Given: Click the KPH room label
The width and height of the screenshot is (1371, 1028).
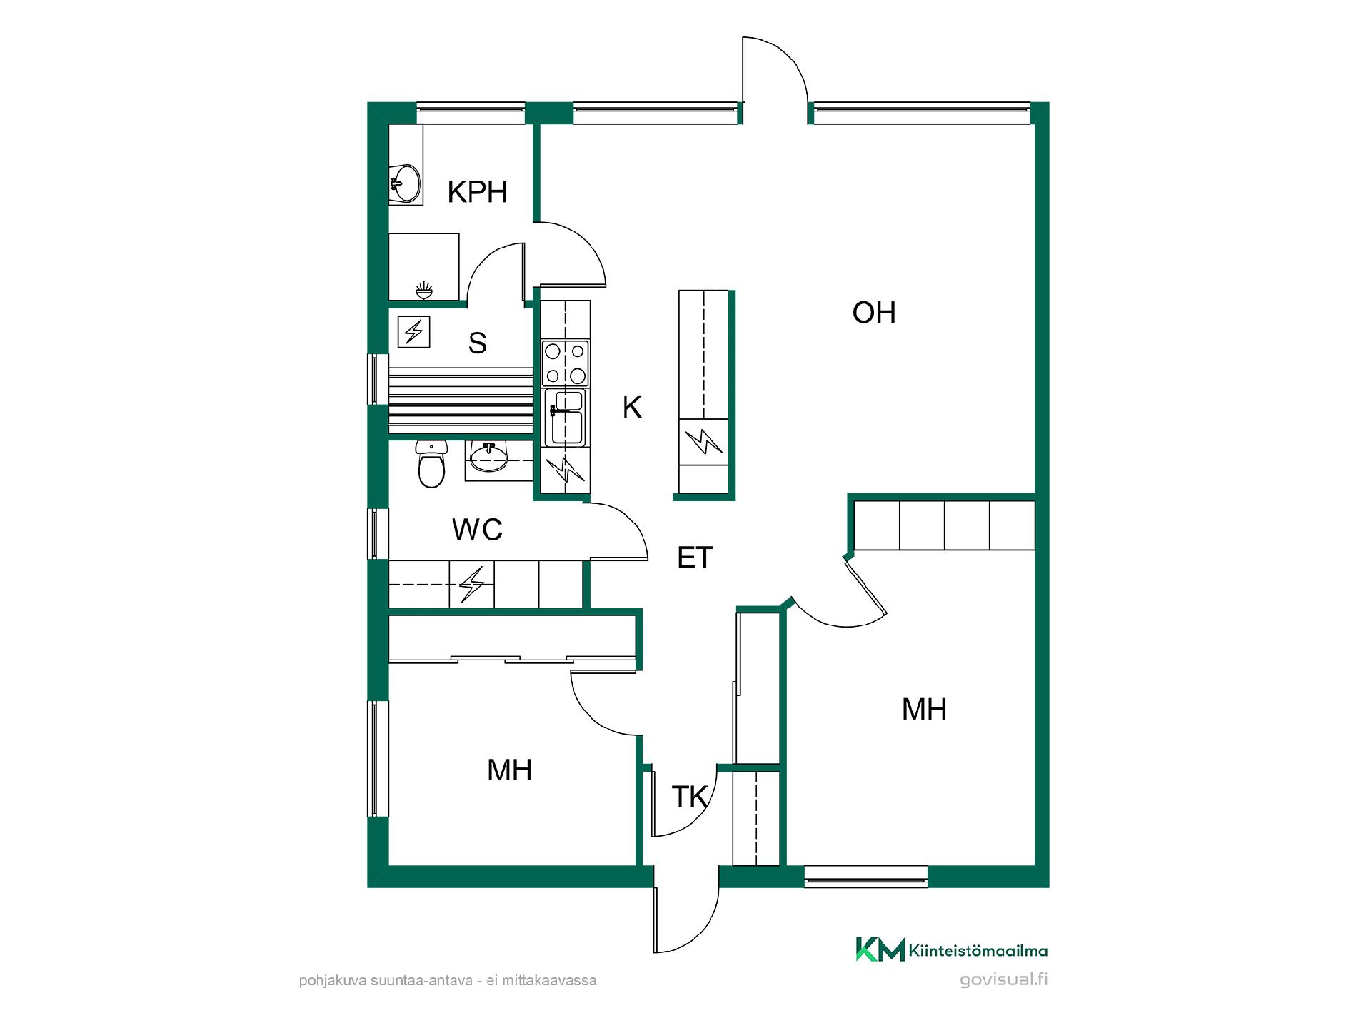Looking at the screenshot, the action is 477,191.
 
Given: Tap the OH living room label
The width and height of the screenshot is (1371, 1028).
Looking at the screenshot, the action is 874,313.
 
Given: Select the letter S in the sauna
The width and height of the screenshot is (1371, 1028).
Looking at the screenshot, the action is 477,343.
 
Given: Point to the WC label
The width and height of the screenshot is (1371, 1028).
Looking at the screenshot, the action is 477,530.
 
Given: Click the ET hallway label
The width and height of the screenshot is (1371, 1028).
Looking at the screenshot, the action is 695,558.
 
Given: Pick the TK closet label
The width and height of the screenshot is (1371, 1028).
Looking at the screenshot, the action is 690,797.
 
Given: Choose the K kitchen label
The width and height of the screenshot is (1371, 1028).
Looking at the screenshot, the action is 632,408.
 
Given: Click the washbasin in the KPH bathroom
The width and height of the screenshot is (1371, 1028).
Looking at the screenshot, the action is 405,183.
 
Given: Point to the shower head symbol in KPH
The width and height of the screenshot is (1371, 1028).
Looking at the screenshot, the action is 423,289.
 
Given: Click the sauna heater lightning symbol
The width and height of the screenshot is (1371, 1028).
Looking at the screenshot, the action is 413,332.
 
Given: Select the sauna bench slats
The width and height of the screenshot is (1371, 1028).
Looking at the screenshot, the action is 461,400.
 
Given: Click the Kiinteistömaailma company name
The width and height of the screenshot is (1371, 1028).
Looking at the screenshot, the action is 978,951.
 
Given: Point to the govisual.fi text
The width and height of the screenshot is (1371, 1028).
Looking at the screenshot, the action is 1004,979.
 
